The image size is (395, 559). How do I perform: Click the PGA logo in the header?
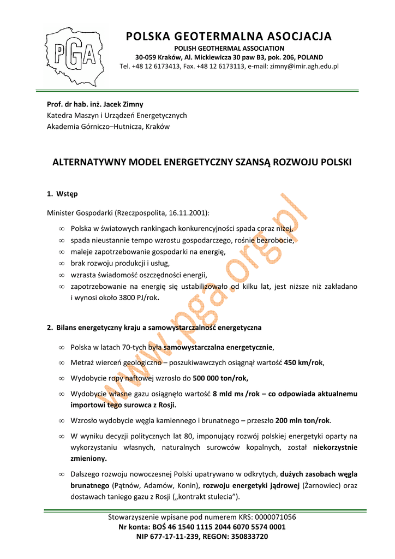click(76, 54)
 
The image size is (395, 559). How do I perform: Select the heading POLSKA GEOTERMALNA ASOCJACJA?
click(229, 37)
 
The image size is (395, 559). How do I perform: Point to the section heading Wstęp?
click(67, 194)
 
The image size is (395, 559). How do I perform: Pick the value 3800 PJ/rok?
click(136, 298)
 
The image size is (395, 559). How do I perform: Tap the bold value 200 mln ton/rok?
click(303, 420)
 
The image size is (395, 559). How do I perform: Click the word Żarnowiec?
click(321, 485)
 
